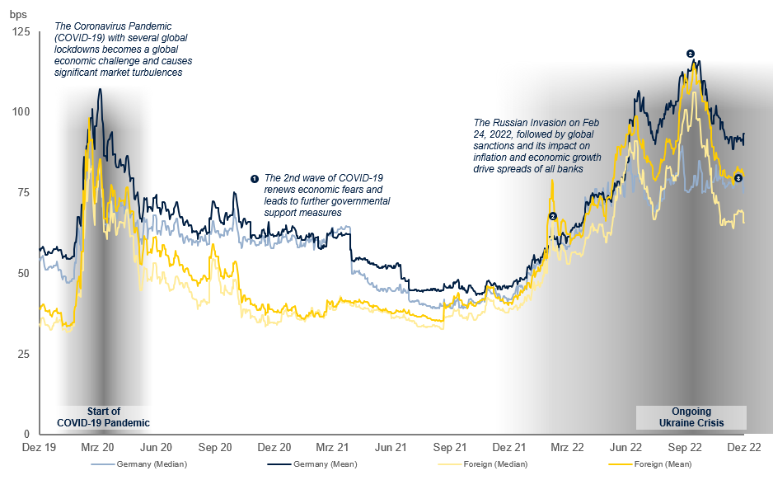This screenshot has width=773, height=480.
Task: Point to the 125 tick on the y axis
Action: pyautogui.click(x=20, y=31)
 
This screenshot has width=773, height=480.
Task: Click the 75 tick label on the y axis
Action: pyautogui.click(x=22, y=192)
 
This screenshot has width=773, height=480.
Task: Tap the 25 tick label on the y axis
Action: pyautogui.click(x=22, y=354)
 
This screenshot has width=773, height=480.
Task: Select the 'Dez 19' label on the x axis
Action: pyautogui.click(x=39, y=448)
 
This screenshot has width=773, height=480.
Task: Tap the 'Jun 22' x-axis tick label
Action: pyautogui.click(x=625, y=448)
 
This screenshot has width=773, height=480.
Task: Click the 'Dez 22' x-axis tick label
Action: pyautogui.click(x=743, y=448)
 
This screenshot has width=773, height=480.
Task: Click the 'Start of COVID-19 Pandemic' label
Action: pyautogui.click(x=103, y=417)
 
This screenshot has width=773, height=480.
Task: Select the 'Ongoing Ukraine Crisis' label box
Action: pyautogui.click(x=691, y=417)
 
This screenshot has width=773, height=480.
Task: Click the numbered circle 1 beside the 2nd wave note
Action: pyautogui.click(x=255, y=178)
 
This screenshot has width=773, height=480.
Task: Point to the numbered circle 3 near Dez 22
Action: pyautogui.click(x=738, y=178)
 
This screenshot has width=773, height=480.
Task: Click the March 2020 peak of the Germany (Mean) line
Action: pyautogui.click(x=100, y=89)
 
